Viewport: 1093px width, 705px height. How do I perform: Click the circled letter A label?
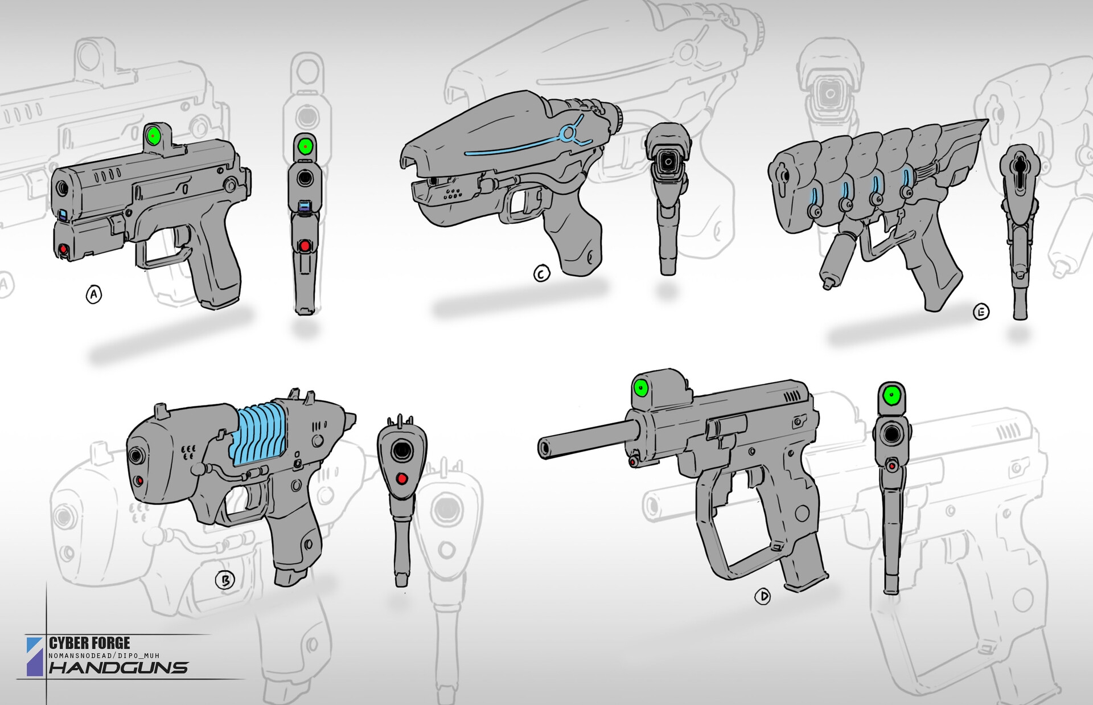[93, 295]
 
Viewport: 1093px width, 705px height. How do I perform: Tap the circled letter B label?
[225, 580]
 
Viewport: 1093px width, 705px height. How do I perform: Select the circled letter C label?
[541, 274]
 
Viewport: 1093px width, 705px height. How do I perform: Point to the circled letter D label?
[762, 597]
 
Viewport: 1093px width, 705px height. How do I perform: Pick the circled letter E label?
[981, 311]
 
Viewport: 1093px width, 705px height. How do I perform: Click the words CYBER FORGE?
[89, 643]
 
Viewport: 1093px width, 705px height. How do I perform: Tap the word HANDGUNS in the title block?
[119, 667]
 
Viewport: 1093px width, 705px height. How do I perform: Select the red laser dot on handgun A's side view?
[63, 249]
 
